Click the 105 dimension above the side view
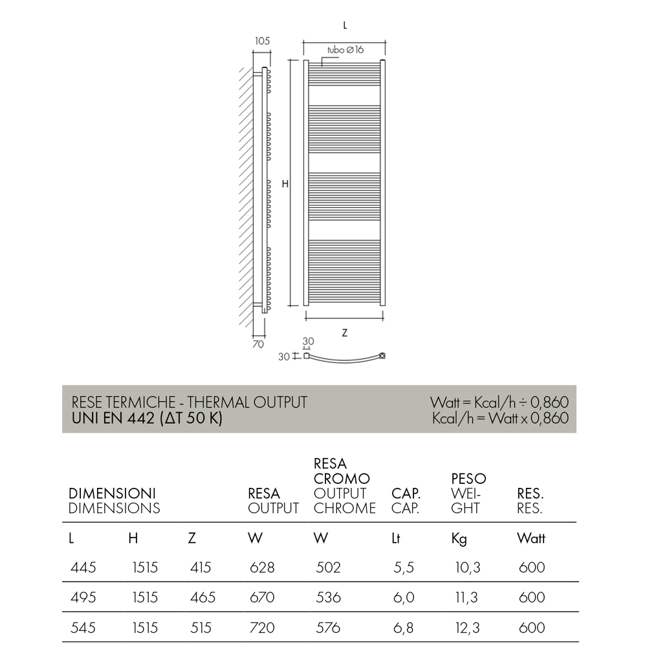pyautogui.click(x=261, y=41)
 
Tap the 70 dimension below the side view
pyautogui.click(x=258, y=344)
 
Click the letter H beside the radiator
pyautogui.click(x=285, y=184)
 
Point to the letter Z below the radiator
pyautogui.click(x=345, y=333)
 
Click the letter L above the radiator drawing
pyautogui.click(x=345, y=25)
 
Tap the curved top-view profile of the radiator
pyautogui.click(x=345, y=360)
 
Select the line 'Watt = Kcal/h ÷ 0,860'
pyautogui.click(x=499, y=402)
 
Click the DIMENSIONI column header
pyautogui.click(x=113, y=493)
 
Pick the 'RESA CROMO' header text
pyautogui.click(x=342, y=471)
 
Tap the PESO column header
pyautogui.click(x=468, y=479)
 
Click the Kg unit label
pyautogui.click(x=459, y=538)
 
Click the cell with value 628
pyautogui.click(x=262, y=567)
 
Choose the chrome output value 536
pyautogui.click(x=329, y=597)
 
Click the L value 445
pyautogui.click(x=82, y=567)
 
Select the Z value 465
pyautogui.click(x=203, y=597)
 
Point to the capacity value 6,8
pyautogui.click(x=403, y=628)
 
